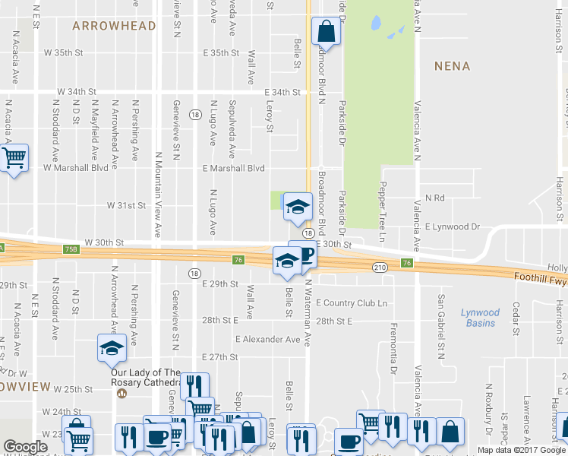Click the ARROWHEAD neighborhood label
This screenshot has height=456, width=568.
(114, 26)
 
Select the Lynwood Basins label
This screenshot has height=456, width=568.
(481, 318)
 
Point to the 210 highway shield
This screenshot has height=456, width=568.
(380, 268)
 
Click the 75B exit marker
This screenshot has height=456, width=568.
(71, 249)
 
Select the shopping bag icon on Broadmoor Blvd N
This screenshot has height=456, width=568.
(326, 32)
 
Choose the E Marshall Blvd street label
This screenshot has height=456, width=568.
(233, 168)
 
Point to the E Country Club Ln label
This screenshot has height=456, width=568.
(352, 302)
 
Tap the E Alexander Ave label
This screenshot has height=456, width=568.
(267, 340)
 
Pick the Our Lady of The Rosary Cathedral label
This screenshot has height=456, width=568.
(147, 378)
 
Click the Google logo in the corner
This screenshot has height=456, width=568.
(25, 447)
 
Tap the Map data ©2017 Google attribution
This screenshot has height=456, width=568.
(521, 450)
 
